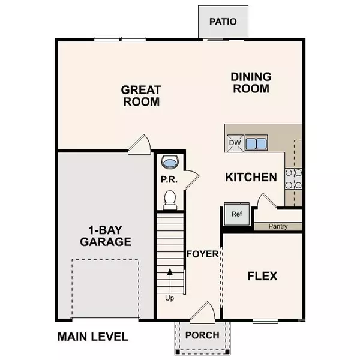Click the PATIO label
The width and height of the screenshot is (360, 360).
[x=223, y=22]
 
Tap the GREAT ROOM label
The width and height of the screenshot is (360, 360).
[x=141, y=95]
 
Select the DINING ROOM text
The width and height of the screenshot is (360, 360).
[x=251, y=82]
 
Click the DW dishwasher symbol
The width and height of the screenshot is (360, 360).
[x=235, y=143]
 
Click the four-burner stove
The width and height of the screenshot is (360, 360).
[x=293, y=178]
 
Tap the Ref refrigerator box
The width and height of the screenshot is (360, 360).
[x=231, y=214]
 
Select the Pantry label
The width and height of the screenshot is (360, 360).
[x=278, y=226]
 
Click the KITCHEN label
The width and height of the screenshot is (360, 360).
[x=251, y=178]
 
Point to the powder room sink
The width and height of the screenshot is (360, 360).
[x=170, y=163]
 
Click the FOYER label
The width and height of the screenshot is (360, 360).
[x=202, y=254]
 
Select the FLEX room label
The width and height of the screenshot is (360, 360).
[x=262, y=276]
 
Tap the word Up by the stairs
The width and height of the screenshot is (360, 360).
[x=170, y=296]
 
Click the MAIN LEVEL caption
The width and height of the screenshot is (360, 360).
[x=92, y=337]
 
